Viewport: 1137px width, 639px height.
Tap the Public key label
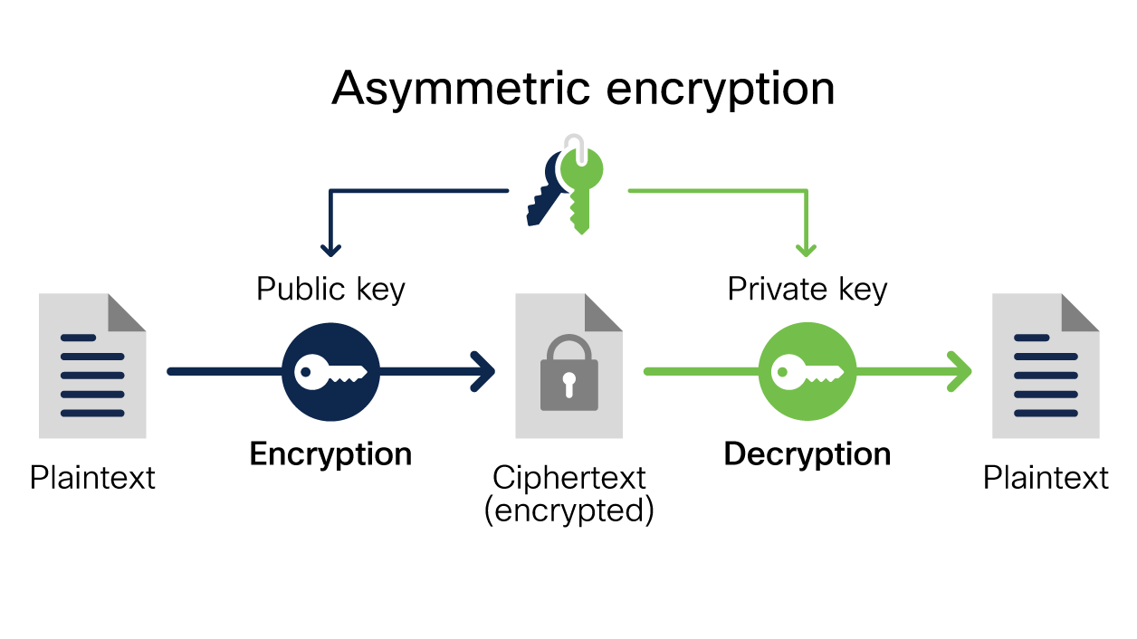[x=330, y=290]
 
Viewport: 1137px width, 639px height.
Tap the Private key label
[x=807, y=290]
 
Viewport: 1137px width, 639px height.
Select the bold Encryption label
[x=330, y=453]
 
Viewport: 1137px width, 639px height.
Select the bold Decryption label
[x=807, y=453]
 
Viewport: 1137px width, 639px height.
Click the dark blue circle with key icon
[x=330, y=371]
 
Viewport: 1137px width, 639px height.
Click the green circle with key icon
[x=807, y=371]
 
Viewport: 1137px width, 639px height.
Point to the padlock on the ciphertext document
[x=568, y=373]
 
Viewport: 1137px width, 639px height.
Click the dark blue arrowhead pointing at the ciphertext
[x=484, y=371]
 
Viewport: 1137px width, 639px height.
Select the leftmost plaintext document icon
[x=92, y=366]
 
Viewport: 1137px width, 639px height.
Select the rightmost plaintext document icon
[x=1046, y=366]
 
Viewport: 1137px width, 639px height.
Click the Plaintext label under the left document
[x=92, y=478]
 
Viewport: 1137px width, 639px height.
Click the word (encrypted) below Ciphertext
[x=568, y=511]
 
